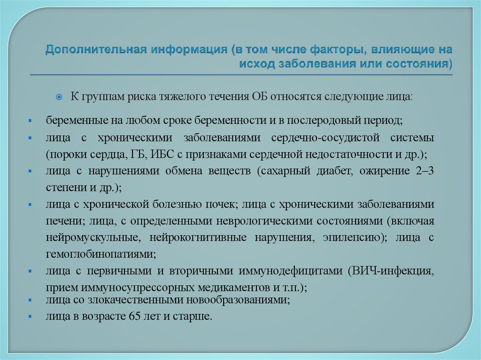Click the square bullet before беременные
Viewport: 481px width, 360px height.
tap(29, 121)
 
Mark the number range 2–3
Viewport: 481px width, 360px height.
tap(425, 171)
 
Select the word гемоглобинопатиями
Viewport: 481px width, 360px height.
tap(100, 254)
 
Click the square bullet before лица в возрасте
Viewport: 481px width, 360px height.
tap(29, 317)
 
